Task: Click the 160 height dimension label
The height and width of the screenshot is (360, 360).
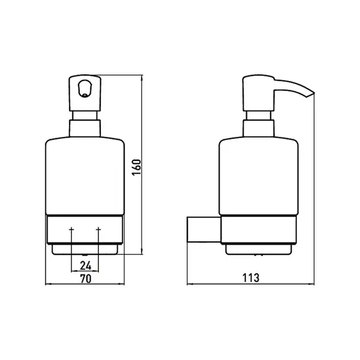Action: [137, 167]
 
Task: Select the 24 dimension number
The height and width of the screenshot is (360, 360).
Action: [85, 266]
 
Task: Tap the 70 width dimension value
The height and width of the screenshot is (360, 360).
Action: [86, 279]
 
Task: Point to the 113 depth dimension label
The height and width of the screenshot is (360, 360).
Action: [251, 278]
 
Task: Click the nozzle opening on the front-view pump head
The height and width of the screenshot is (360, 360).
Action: [85, 88]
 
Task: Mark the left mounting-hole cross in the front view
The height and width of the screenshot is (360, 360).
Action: [71, 229]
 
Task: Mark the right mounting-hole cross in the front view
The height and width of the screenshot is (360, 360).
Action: [98, 229]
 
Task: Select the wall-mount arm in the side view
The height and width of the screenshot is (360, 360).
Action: [204, 229]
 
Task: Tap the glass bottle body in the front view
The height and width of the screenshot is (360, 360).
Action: [85, 176]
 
